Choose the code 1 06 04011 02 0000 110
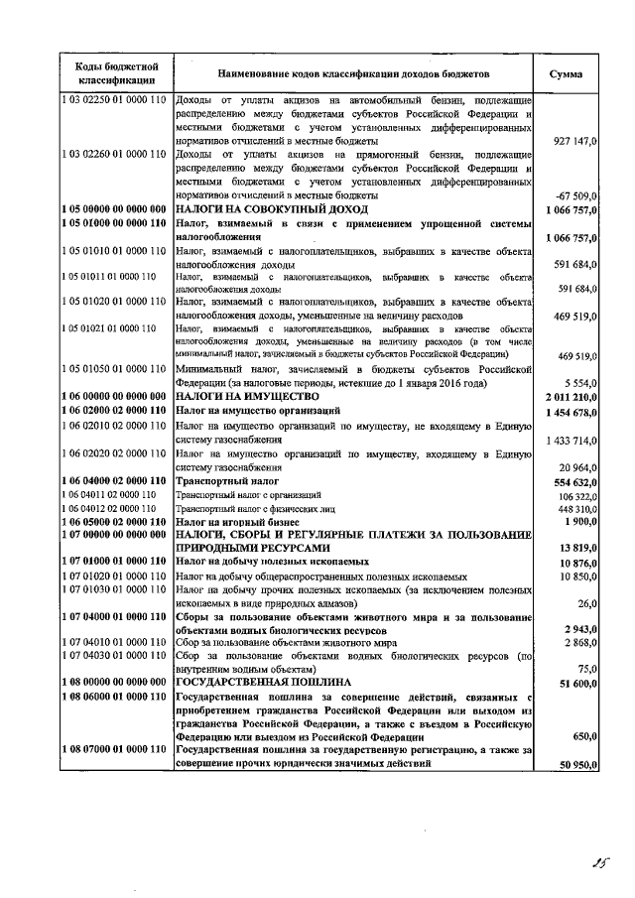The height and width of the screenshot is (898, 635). click(x=108, y=493)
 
